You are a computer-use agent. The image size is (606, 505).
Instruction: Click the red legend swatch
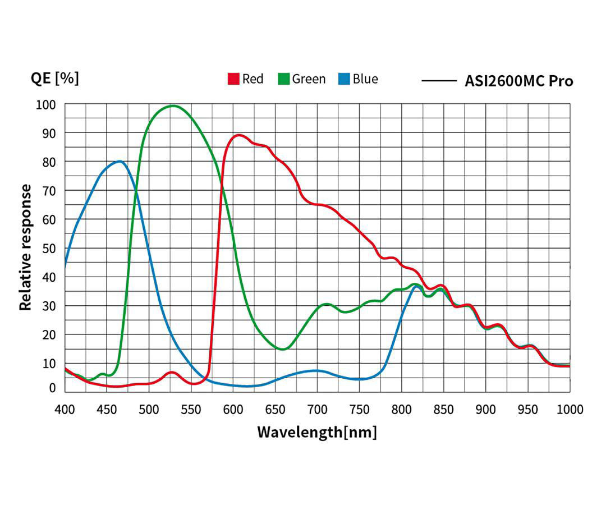233,79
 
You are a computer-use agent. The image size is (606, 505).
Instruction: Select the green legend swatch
284,79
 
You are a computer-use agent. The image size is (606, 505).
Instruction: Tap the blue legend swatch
344,79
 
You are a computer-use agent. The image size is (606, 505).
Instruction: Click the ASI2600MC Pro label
519,81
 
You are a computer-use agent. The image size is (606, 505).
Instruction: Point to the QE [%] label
54,78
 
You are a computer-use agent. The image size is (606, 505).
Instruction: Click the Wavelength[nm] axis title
317,432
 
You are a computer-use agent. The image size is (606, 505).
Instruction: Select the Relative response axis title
26,247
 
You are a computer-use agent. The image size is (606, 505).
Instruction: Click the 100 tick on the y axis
47,104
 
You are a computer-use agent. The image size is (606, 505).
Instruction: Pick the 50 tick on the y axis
49,248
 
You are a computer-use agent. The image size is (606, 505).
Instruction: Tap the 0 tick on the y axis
52,388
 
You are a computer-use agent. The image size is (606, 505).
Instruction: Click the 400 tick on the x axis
65,409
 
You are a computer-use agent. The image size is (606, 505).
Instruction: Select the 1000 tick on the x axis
569,409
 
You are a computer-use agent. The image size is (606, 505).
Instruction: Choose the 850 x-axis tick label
443,409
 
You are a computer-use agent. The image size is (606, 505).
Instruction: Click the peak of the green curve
173,105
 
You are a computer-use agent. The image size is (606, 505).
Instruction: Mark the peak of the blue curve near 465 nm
120,161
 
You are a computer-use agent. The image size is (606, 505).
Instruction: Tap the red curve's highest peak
240,135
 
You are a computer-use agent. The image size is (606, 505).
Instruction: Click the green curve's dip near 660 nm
283,349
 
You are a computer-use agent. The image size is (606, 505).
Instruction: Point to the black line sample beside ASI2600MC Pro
439,81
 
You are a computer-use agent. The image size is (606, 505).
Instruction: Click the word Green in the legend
309,79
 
